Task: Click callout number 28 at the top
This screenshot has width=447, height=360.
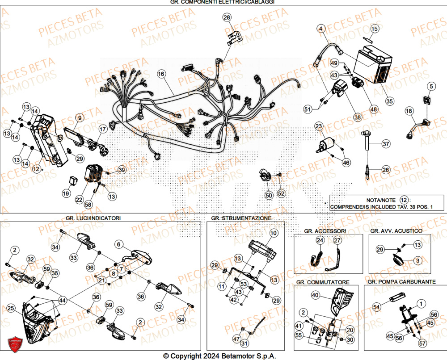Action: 227,18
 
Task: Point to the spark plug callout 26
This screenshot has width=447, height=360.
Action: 386,169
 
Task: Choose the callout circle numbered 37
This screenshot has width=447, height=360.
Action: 386,144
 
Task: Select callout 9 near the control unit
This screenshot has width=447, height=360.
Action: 79,118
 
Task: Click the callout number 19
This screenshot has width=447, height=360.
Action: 66,193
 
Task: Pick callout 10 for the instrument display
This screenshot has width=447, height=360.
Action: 273,233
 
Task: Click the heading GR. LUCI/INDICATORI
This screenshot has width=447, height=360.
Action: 93,218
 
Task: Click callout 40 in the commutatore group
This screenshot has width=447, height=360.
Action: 315,295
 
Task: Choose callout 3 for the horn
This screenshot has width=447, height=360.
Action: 417,260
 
